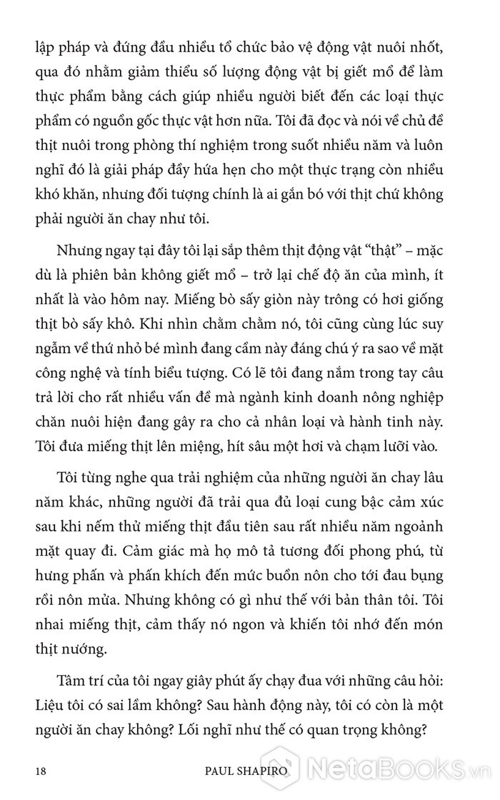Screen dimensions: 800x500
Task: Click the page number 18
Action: [40, 771]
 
